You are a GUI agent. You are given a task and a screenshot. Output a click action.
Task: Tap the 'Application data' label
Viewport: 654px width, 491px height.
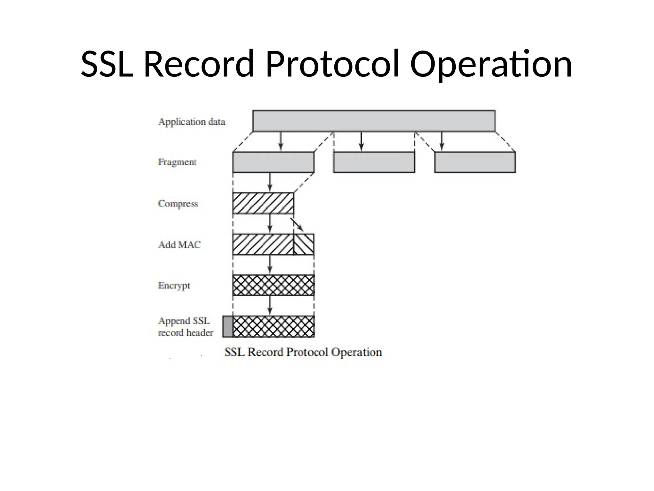click(x=192, y=122)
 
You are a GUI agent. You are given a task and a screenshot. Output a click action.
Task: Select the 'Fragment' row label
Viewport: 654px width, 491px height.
click(x=177, y=162)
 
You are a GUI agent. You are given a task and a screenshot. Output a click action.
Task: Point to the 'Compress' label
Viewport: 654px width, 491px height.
click(x=178, y=203)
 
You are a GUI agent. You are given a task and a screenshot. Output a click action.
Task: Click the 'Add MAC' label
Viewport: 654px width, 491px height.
click(x=179, y=245)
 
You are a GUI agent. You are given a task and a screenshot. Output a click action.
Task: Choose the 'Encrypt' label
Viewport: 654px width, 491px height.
click(x=174, y=285)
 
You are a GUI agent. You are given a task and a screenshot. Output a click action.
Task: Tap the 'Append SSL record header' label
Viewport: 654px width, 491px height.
click(x=185, y=327)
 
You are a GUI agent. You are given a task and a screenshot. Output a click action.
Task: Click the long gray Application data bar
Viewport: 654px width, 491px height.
click(x=374, y=121)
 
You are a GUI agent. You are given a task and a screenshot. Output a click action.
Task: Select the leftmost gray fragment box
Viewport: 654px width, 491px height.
click(x=273, y=162)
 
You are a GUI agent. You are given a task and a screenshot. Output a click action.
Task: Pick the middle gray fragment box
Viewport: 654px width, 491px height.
click(x=374, y=162)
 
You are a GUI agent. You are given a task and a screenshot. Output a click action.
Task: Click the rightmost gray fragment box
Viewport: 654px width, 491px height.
click(x=475, y=162)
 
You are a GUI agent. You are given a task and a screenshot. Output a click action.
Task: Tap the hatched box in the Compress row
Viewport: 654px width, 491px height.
click(x=263, y=203)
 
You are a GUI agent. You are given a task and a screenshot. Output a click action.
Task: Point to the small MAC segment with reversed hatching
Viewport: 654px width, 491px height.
click(x=303, y=244)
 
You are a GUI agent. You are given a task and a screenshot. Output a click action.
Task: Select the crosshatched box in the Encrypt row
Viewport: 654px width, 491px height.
click(x=273, y=285)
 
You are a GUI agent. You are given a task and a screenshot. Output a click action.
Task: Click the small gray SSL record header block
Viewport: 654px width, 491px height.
click(x=228, y=326)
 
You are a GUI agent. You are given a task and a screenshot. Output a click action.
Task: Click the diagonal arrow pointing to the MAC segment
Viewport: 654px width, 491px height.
click(x=297, y=225)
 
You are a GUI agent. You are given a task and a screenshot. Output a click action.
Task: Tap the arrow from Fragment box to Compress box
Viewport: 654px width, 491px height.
click(x=270, y=182)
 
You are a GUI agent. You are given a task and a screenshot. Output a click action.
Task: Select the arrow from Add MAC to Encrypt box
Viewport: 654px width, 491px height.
click(x=270, y=265)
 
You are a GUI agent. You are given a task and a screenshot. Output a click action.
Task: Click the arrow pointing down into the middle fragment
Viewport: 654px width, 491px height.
click(x=361, y=141)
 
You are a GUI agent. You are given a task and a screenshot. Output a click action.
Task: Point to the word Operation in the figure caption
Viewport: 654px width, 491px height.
click(x=356, y=352)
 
